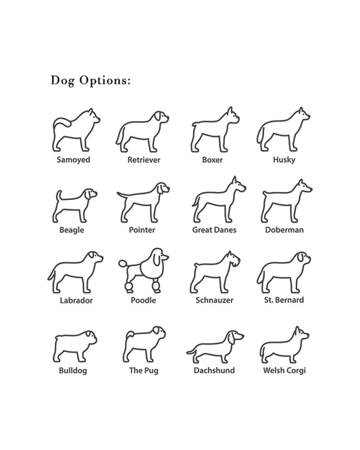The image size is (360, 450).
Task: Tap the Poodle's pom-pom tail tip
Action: tap(122, 263)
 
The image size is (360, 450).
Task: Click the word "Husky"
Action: tap(284, 160)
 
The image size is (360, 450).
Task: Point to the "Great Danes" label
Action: tap(214, 230)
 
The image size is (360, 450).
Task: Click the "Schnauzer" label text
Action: tap(214, 300)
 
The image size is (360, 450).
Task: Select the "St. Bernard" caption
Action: tap(284, 300)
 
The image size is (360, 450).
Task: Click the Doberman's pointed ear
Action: tap(301, 183)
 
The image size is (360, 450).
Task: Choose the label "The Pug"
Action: tap(144, 370)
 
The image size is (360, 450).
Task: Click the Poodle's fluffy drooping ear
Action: tap(157, 259)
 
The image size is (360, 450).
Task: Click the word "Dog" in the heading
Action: tap(63, 80)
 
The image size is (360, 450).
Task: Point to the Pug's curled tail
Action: tap(130, 334)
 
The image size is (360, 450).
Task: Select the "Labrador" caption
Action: tap(76, 301)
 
